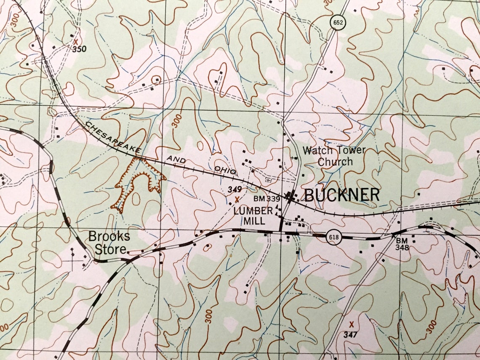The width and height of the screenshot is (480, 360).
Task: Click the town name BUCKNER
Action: (341, 195)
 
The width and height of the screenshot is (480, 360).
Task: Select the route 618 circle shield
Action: (333, 237)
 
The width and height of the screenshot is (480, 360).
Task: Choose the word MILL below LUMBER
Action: (254, 221)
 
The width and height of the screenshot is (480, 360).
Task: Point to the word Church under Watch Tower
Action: (335, 162)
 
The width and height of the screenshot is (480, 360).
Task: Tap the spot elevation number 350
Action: (79, 49)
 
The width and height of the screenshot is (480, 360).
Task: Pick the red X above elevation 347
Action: (351, 324)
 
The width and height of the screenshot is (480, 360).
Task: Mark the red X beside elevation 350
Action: (75, 42)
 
